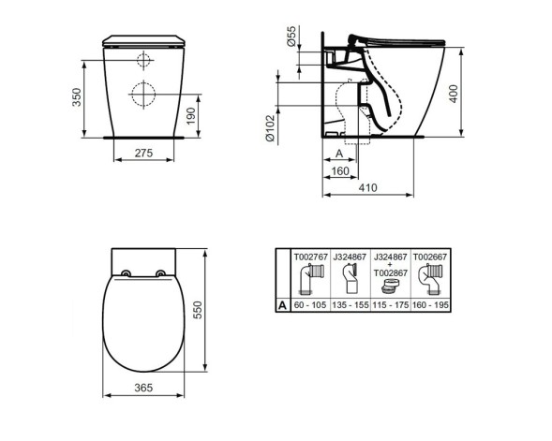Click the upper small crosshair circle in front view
point(143,61)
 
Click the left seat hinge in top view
point(127,273)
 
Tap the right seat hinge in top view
point(161,273)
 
